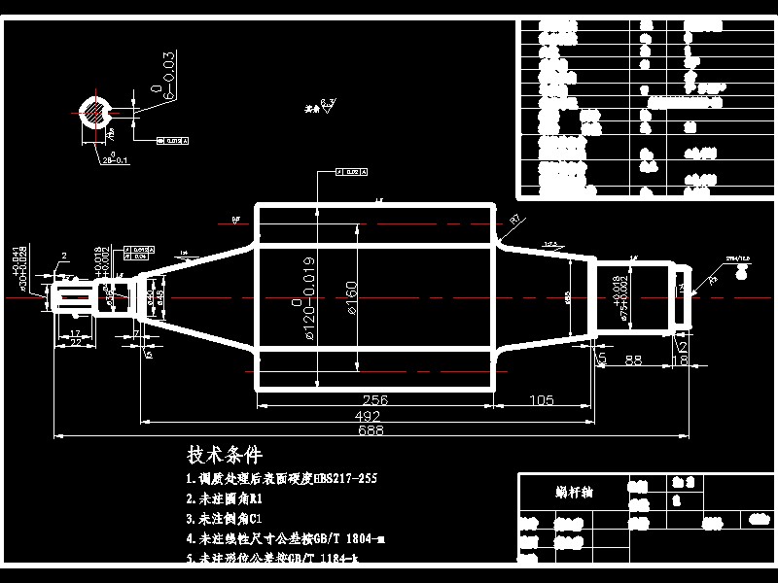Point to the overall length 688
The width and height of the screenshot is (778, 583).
(x=370, y=429)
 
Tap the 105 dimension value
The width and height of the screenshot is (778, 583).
(x=541, y=399)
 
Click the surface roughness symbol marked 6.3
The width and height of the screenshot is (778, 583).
(x=328, y=106)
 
